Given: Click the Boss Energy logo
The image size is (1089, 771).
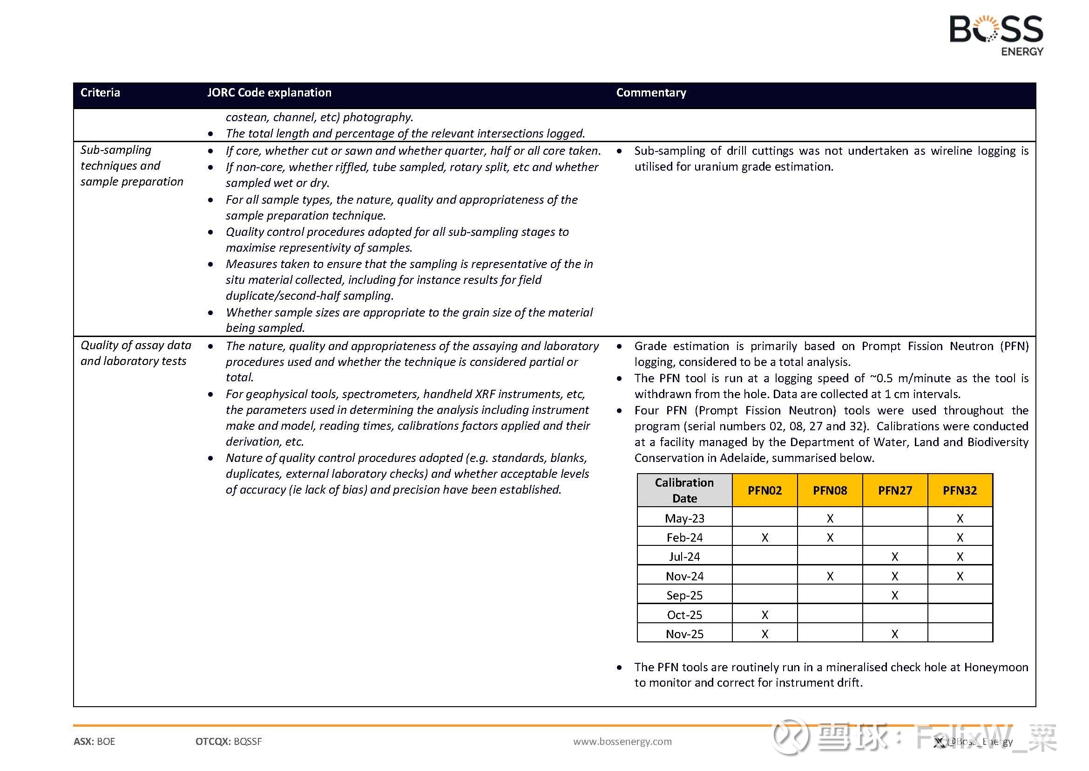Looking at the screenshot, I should [996, 34].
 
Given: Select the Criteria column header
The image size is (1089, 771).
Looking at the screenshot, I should [100, 93].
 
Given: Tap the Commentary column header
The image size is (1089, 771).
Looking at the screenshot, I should [651, 93].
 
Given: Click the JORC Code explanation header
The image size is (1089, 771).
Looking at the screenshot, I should [269, 93].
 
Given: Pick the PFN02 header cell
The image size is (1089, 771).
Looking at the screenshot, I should [764, 490].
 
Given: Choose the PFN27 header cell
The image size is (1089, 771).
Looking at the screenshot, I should [894, 490].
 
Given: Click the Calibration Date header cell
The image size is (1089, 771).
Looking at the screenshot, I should [684, 490].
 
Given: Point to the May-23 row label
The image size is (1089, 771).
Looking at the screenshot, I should [684, 518].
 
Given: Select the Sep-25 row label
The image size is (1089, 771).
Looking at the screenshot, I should [684, 595].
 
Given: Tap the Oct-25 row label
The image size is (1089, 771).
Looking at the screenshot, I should [684, 615].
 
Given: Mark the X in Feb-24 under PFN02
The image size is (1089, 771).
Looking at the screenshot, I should [764, 538].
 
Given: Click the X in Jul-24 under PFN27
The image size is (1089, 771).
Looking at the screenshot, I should [894, 557].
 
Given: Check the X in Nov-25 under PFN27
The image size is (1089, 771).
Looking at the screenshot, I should [894, 634].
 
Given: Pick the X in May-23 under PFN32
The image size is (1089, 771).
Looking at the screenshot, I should [960, 518].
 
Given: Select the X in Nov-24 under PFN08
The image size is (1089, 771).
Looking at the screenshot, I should [830, 576].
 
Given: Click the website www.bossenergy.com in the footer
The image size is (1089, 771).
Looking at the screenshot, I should [622, 742].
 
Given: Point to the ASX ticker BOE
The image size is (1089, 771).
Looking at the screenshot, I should [105, 742].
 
